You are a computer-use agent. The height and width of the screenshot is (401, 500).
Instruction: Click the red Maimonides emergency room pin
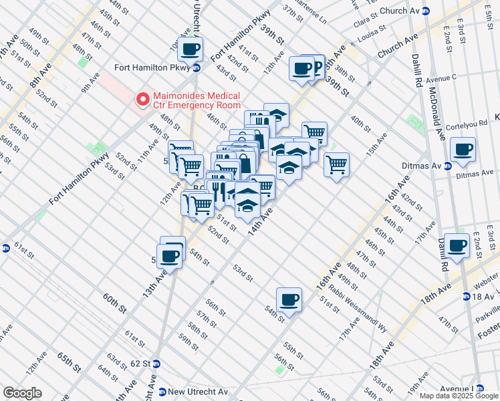(142, 100)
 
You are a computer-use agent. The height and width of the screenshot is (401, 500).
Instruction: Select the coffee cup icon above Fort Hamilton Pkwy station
(191, 48)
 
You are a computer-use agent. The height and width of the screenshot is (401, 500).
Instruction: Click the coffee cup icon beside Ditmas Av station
(462, 150)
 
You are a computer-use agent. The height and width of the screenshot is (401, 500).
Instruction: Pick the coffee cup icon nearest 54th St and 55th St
(289, 300)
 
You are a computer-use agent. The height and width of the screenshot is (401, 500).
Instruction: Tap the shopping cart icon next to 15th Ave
(337, 164)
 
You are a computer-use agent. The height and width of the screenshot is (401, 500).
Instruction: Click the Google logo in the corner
(22, 393)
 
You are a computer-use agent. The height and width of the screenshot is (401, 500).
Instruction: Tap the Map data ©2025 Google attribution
(459, 396)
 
